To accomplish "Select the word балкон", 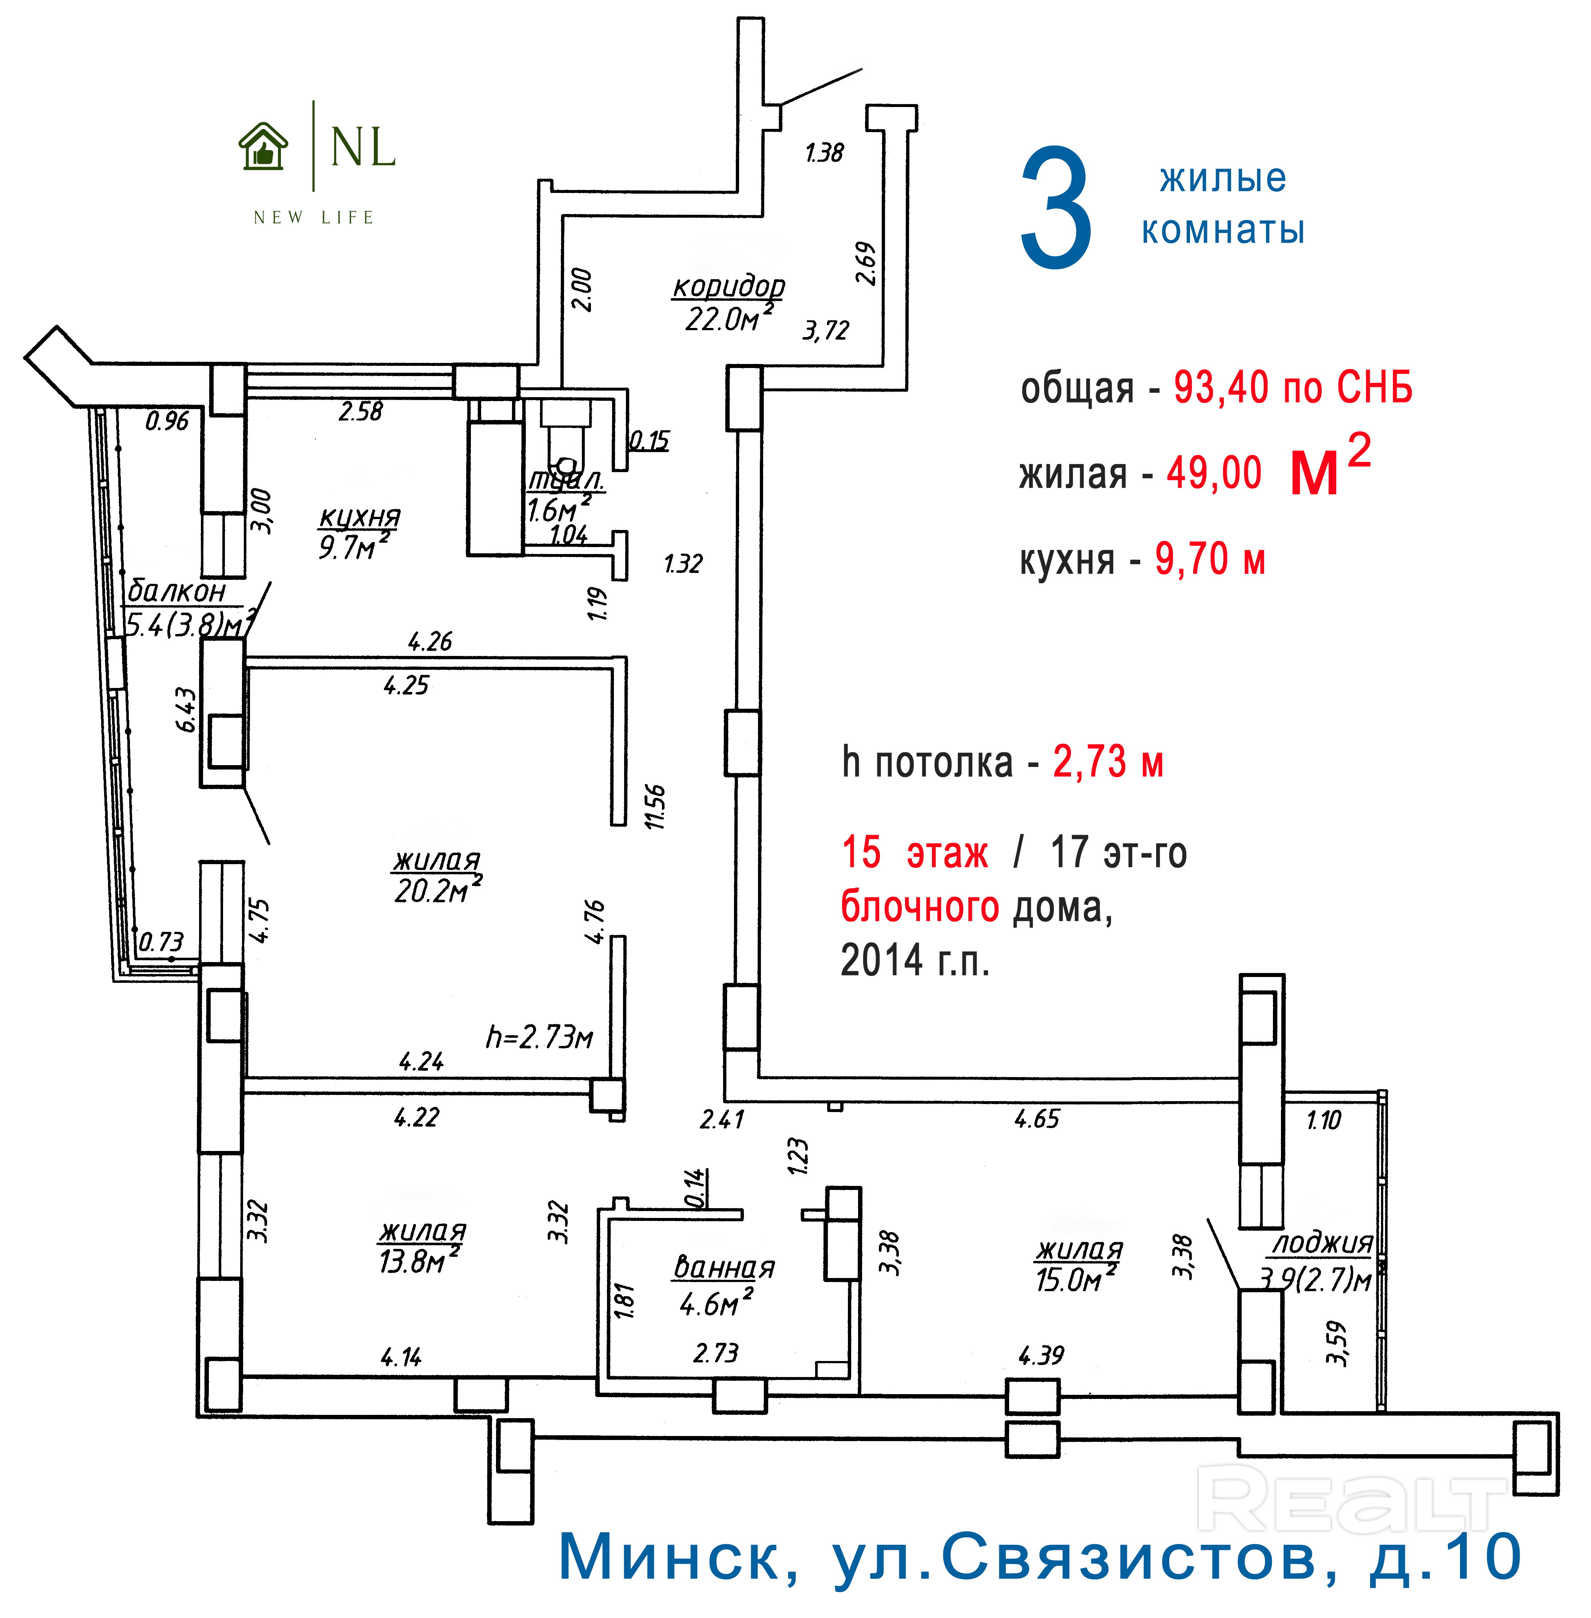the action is pyautogui.click(x=176, y=591).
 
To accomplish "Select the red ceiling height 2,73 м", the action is pyautogui.click(x=1108, y=761).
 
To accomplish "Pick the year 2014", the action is pyautogui.click(x=881, y=960).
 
